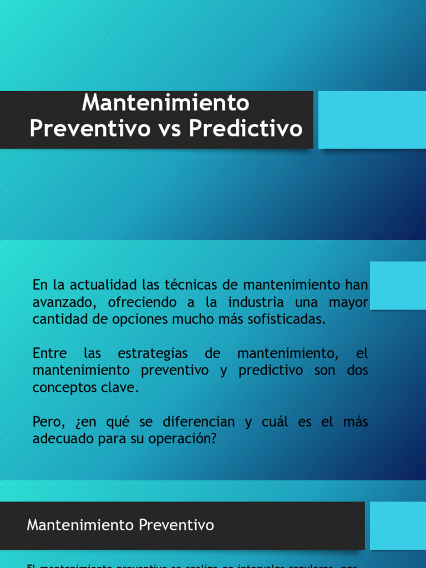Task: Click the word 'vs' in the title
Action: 169,128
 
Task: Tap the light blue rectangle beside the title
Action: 372,120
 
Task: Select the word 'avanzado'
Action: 58,303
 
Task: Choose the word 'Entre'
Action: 49,353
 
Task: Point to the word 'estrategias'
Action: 153,354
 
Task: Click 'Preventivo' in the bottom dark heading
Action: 177,525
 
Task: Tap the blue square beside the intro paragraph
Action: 397,285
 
